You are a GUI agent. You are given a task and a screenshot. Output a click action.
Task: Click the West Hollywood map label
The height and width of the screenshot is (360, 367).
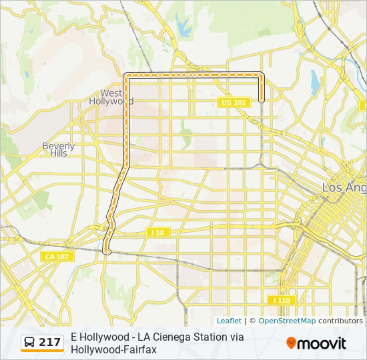(x=111, y=97)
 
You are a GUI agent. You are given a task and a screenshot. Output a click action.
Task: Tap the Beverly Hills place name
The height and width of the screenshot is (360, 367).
(x=59, y=149)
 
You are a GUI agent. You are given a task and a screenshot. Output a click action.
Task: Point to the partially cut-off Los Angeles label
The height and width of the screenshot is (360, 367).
(x=344, y=188)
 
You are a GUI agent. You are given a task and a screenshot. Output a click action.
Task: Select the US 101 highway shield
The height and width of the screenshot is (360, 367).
(x=233, y=102)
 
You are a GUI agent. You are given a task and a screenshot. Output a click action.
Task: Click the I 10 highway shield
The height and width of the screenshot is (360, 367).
(x=158, y=232)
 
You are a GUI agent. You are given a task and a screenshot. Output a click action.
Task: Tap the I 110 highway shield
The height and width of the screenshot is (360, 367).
(x=281, y=301)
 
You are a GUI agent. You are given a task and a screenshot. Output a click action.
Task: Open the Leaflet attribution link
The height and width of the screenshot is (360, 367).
(x=229, y=321)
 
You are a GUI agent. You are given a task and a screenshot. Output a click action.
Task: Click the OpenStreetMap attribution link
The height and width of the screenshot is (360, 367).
(x=287, y=321)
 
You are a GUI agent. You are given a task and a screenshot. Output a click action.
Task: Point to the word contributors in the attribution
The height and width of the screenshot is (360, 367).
(x=340, y=321)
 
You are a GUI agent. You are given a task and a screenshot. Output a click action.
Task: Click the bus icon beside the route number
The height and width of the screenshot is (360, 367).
(x=30, y=343)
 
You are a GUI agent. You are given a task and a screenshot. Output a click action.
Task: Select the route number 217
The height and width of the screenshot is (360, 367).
(x=50, y=343)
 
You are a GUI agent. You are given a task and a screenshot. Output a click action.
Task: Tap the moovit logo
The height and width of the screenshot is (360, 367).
(x=316, y=343)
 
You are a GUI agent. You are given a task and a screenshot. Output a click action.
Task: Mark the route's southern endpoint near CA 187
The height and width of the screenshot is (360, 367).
(x=107, y=251)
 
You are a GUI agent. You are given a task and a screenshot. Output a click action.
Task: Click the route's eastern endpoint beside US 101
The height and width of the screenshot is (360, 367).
(x=262, y=100)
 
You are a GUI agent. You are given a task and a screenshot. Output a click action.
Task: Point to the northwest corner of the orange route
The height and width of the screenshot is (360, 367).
(x=126, y=75)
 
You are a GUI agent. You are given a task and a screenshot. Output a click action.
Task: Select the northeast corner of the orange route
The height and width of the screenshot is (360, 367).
(x=261, y=75)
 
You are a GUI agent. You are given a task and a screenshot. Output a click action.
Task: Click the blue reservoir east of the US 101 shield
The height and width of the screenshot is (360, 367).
(x=315, y=81)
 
